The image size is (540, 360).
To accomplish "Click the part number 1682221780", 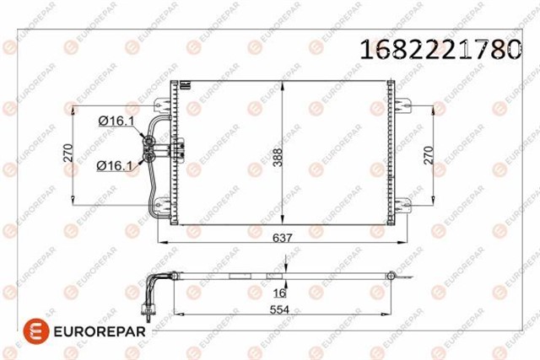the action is pyautogui.click(x=440, y=49).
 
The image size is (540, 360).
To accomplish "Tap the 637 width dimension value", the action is pyautogui.click(x=282, y=238).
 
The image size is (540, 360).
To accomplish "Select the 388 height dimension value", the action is pyautogui.click(x=278, y=158).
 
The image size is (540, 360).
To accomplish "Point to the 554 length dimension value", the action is pyautogui.click(x=279, y=309).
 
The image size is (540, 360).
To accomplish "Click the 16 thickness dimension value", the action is pyautogui.click(x=279, y=293).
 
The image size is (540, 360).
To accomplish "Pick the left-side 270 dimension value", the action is pyautogui.click(x=68, y=153).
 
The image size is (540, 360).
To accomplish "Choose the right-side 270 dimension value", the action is pyautogui.click(x=429, y=155).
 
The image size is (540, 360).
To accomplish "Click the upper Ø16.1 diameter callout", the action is pyautogui.click(x=116, y=121).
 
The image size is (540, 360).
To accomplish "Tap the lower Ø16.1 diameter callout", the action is pyautogui.click(x=115, y=166).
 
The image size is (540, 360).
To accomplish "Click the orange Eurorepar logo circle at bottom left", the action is pyautogui.click(x=36, y=331).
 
